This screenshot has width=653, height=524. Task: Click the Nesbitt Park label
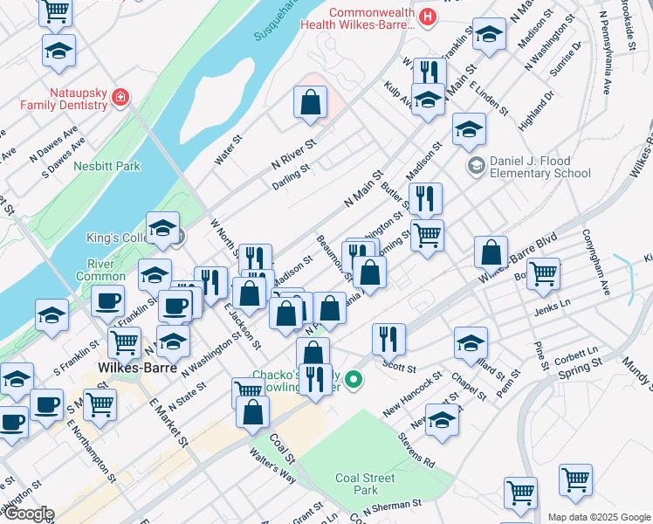click(x=107, y=166)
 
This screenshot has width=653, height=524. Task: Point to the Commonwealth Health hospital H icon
click(x=427, y=16)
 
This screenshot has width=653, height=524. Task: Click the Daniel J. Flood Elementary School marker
click(x=477, y=165)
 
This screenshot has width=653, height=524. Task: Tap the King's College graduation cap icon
click(x=162, y=230)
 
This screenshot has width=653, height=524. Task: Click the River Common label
click(x=107, y=271)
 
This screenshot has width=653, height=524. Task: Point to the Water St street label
click(x=229, y=146)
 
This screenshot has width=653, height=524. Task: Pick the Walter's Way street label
click(x=272, y=465)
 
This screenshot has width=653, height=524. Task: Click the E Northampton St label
click(x=92, y=452)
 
